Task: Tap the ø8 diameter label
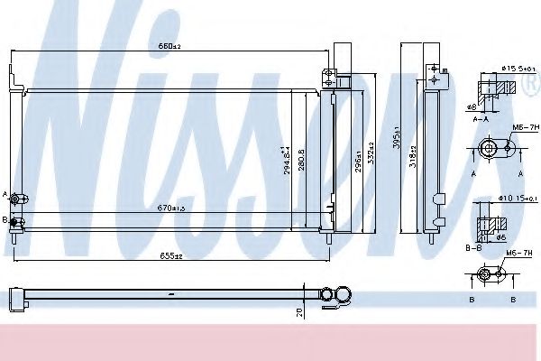pyautogui.click(x=471, y=106)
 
